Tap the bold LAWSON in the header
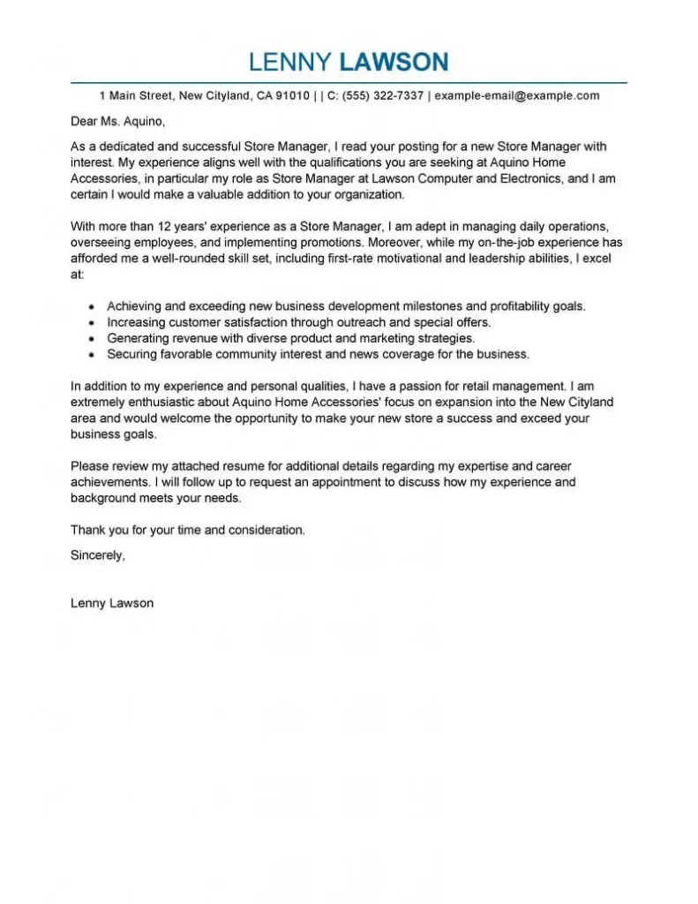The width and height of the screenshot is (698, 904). pyautogui.click(x=394, y=62)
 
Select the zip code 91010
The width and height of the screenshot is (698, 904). pyautogui.click(x=290, y=95)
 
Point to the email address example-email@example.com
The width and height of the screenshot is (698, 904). pyautogui.click(x=517, y=95)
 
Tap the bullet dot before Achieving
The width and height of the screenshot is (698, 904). pyautogui.click(x=93, y=307)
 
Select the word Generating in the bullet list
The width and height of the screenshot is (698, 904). pyautogui.click(x=139, y=338)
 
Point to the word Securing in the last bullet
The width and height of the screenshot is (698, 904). pyautogui.click(x=133, y=354)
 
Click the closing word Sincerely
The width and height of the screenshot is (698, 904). pyautogui.click(x=97, y=555)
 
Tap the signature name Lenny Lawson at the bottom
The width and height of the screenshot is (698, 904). pyautogui.click(x=112, y=603)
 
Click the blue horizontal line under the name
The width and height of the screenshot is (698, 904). pyautogui.click(x=349, y=83)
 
